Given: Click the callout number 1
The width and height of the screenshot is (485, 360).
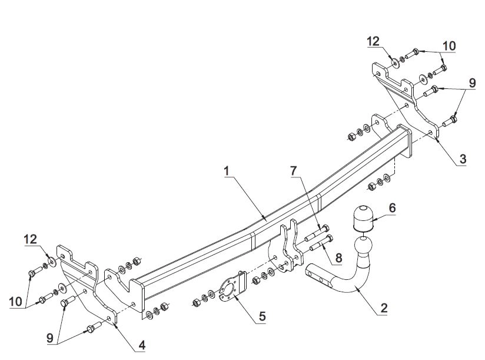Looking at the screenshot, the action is click(227, 171).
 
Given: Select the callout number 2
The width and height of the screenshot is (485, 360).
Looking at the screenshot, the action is click(384, 308).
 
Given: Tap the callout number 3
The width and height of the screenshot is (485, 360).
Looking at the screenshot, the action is click(463, 159).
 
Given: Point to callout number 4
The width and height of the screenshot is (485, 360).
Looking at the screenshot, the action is click(142, 345).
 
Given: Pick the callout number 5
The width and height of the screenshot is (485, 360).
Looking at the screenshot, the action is click(262, 316).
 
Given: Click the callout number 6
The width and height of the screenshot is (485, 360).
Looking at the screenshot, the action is click(392, 208).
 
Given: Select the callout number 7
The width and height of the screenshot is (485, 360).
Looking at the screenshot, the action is click(294, 170).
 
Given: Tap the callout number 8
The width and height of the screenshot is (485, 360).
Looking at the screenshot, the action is click(338, 257).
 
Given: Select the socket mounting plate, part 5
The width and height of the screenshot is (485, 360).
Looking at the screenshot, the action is click(232, 286).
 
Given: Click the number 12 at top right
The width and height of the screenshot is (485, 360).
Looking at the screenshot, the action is click(373, 41).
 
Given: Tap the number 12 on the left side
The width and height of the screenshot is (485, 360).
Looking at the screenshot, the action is click(31, 239).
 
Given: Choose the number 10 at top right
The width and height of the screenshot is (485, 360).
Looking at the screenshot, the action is click(449, 46).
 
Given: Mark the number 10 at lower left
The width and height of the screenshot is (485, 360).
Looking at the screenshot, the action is click(16, 302).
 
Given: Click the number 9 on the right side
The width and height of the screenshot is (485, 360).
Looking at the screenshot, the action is click(472, 83).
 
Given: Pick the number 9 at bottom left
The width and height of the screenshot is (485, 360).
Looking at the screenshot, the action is click(50, 338).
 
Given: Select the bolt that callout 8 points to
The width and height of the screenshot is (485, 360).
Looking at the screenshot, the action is click(321, 243).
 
